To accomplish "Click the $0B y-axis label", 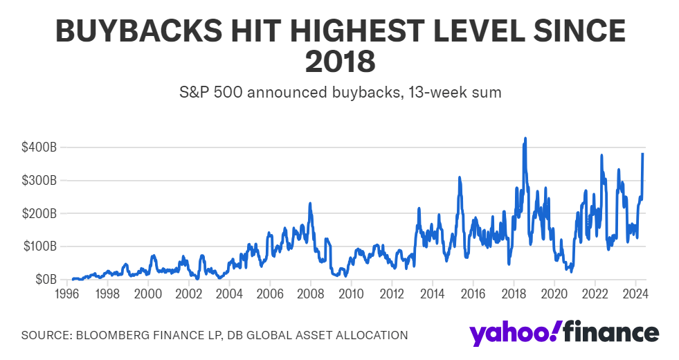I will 46,280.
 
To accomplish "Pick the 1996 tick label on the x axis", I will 66,294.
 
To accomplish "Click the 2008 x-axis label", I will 310,294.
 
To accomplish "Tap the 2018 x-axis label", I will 514,294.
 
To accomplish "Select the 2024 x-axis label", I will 635,294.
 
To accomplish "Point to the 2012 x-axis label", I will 392,294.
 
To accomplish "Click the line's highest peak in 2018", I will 525,138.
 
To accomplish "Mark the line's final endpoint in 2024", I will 643,154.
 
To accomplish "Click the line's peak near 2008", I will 310,204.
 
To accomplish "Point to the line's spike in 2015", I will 459,178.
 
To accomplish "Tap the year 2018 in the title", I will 340,62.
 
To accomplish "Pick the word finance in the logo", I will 610,332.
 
